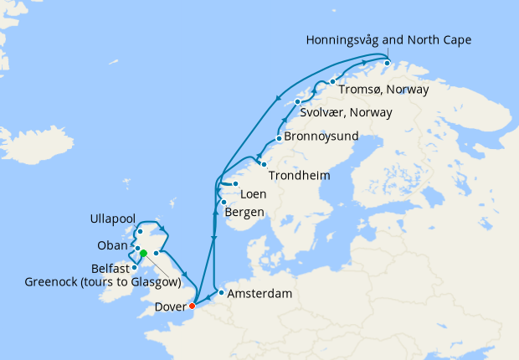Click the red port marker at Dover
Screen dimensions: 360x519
(x=193, y=305)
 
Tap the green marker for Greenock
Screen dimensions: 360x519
(x=143, y=254)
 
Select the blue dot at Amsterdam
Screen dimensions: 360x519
(x=221, y=292)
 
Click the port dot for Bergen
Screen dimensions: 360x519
(x=224, y=203)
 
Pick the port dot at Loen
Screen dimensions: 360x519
(x=236, y=184)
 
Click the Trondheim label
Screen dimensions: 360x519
(x=299, y=177)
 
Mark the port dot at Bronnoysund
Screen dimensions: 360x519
(x=278, y=138)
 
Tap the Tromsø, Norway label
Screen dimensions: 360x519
(x=383, y=89)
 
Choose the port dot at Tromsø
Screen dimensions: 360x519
(x=333, y=81)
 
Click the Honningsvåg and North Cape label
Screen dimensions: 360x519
(x=389, y=40)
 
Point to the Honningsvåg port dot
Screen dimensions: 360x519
(x=388, y=62)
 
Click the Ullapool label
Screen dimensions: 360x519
(x=112, y=219)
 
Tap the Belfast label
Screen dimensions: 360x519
(x=108, y=268)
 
